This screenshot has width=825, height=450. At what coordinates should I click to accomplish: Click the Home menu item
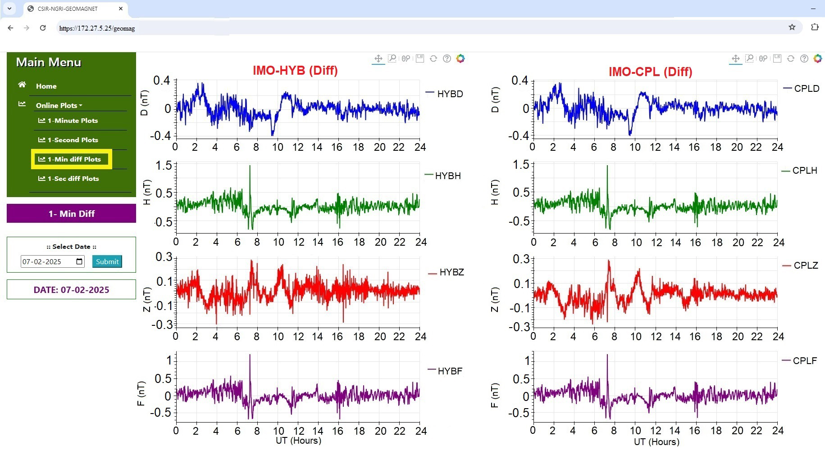point(46,86)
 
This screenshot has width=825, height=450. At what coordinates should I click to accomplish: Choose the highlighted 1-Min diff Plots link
point(73,159)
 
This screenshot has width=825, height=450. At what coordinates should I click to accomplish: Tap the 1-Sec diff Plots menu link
point(73,179)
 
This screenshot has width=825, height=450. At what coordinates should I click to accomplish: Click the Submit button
point(107,261)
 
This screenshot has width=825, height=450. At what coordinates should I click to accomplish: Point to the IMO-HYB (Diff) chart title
point(295,71)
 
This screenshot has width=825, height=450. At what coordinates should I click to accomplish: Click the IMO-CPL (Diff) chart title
point(650,72)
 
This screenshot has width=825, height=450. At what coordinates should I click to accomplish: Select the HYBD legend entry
point(449,94)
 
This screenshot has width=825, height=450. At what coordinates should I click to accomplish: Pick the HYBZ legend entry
point(451,272)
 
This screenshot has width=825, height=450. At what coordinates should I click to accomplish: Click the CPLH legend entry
point(804,171)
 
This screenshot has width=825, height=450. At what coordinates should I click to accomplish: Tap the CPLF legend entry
point(804,361)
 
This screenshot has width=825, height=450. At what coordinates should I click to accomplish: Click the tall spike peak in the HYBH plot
point(250,166)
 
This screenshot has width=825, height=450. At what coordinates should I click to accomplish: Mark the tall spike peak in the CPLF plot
point(607,355)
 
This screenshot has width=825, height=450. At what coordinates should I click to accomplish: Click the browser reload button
point(43,28)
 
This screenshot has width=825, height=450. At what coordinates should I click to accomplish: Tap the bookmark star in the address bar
point(792,27)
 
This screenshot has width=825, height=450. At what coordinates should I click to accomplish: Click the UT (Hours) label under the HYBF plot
point(298,441)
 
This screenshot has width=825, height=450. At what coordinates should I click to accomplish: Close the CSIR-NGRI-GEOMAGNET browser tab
point(121,9)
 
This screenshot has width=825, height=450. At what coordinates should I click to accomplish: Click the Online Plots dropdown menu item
point(59,105)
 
